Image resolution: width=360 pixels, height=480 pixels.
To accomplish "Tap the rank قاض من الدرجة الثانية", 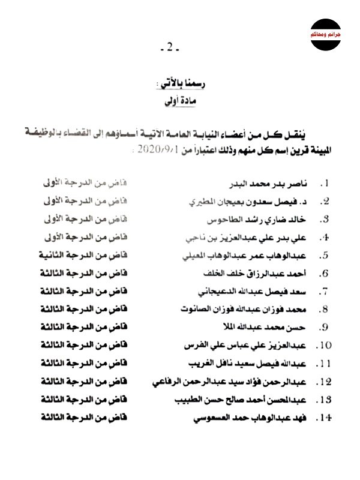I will [77, 255].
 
